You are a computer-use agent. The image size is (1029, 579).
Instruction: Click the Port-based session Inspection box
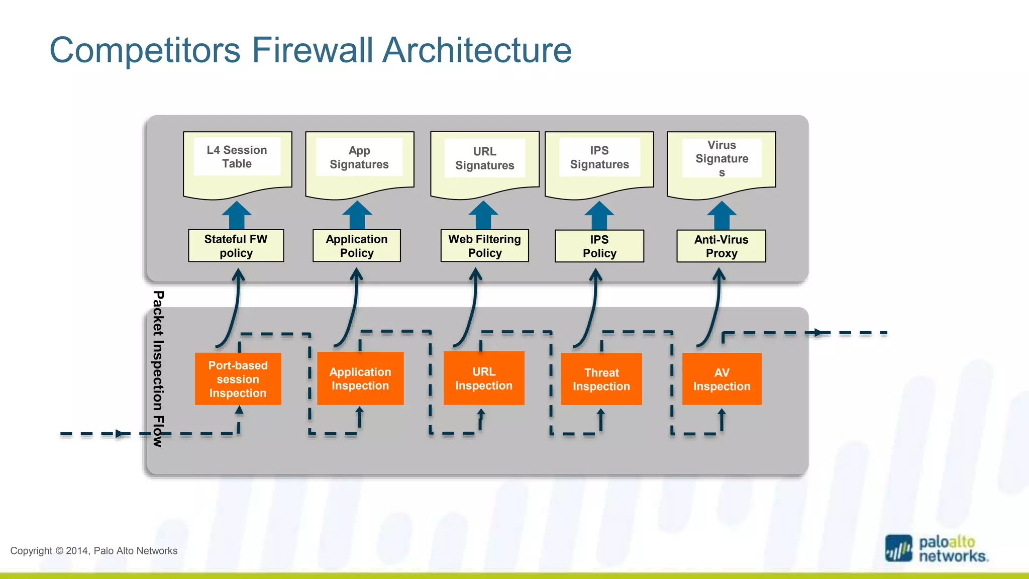238,379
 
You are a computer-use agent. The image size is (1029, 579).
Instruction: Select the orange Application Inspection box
360,378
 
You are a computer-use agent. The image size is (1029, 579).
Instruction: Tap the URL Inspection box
484,378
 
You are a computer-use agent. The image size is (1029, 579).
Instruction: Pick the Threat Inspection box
601,379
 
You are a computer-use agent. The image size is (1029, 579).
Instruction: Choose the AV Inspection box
722,379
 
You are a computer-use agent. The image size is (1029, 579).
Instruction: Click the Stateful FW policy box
236,246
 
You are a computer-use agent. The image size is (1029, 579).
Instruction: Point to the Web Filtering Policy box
484,246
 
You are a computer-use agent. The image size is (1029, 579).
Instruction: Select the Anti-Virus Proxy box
721,246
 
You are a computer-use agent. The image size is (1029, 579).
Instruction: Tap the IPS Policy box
599,246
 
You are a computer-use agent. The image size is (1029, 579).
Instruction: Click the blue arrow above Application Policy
357,216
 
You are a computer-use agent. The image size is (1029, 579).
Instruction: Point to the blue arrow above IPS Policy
599,216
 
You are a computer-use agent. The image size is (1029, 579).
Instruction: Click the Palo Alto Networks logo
936,549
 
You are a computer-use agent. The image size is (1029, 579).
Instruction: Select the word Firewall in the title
312,50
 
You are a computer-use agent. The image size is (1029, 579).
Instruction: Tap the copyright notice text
94,551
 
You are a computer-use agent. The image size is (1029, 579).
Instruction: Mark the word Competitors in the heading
145,50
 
